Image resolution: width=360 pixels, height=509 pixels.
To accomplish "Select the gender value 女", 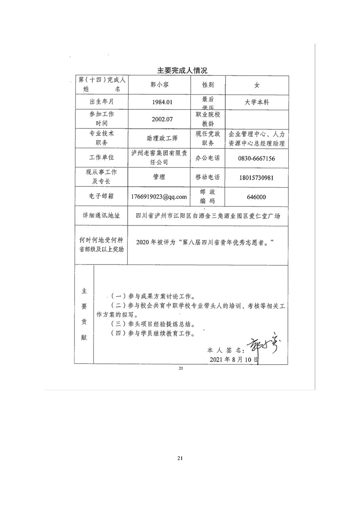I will tap(256, 85).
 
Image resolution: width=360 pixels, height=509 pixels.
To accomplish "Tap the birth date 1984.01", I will tap(158, 102).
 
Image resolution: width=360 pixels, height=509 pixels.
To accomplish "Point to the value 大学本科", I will tap(256, 102).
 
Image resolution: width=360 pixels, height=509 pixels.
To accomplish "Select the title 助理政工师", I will tap(158, 138).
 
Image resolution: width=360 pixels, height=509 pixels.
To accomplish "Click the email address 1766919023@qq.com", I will tap(158, 197).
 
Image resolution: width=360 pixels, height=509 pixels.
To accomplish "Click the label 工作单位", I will tap(102, 158).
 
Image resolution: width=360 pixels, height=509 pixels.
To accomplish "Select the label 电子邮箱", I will tap(102, 197).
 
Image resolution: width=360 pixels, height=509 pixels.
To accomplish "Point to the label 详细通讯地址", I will tap(102, 216).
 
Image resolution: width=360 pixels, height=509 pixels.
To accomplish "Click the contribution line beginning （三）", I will tap(154, 324).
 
